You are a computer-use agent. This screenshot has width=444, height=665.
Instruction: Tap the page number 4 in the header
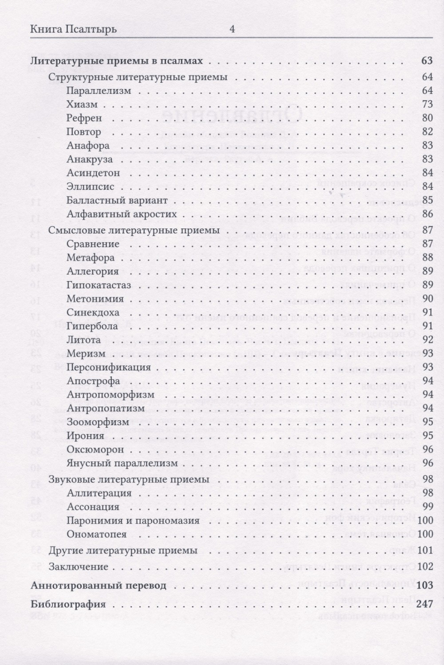pos(232,29)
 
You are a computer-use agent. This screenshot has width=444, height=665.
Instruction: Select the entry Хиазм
pos(83,104)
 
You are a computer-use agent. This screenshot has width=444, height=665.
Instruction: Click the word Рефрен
pos(86,118)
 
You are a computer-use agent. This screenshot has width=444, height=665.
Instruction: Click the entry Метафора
pos(92,257)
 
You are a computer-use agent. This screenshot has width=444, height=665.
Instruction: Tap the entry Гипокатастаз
pos(99,285)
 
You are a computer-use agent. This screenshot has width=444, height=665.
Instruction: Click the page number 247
pos(422,605)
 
